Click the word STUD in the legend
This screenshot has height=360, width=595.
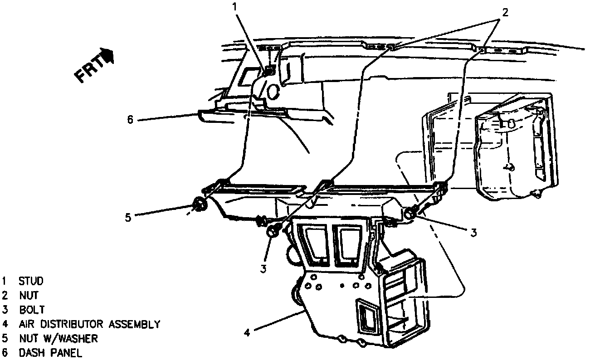pyautogui.click(x=30, y=281)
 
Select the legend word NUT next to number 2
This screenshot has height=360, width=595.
pyautogui.click(x=29, y=296)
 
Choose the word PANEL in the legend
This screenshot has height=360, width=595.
pyautogui.click(x=66, y=353)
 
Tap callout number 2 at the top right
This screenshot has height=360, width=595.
pyautogui.click(x=504, y=12)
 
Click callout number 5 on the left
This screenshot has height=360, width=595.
pyautogui.click(x=128, y=218)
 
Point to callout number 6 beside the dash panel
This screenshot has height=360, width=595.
pyautogui.click(x=130, y=120)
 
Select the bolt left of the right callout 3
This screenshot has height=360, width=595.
pyautogui.click(x=410, y=213)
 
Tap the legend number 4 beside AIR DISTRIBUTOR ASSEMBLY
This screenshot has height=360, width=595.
pyautogui.click(x=5, y=324)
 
